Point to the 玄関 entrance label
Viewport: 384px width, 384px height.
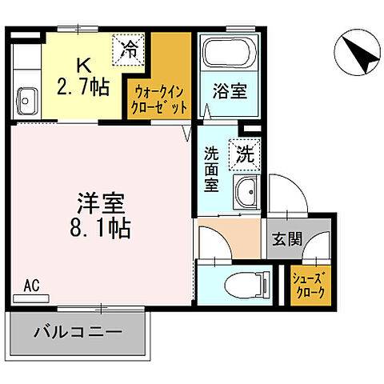pos(286,239)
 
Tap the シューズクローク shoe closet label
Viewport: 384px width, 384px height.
pos(309,284)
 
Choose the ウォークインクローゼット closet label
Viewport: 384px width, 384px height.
pos(160,98)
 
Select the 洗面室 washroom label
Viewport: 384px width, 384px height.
pos(211,168)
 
